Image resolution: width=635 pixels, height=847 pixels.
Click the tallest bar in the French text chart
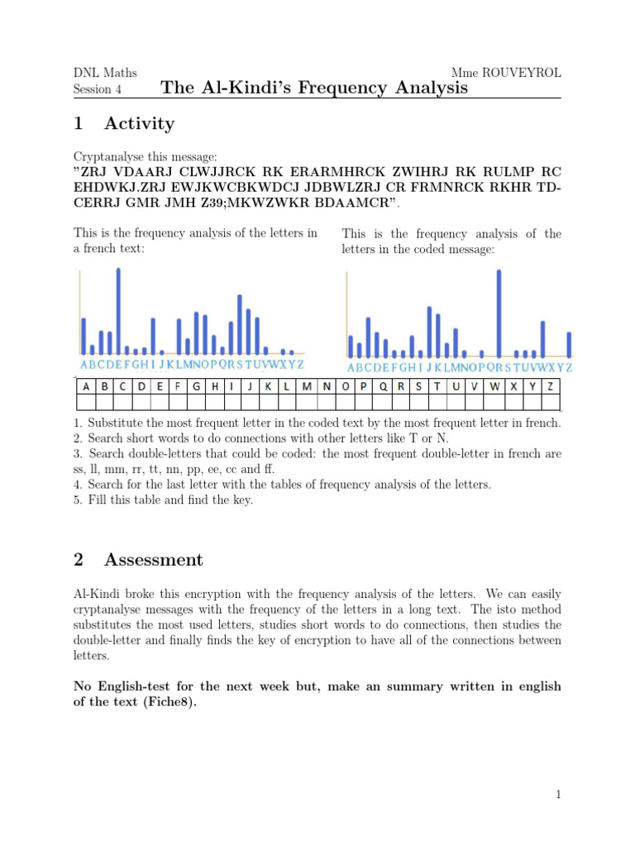[118, 310]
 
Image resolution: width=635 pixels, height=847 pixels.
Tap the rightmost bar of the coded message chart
[569, 344]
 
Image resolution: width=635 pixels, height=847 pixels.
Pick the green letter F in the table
[178, 385]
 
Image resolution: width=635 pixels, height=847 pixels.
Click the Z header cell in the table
[550, 385]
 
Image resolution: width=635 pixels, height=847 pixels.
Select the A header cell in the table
[85, 385]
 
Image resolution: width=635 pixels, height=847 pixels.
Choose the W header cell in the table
[494, 385]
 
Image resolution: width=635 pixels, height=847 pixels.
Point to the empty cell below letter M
[308, 402]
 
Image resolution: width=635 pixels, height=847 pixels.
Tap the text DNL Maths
[105, 73]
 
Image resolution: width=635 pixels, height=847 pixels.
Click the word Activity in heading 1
[140, 124]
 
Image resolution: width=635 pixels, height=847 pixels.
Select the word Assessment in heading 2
[154, 560]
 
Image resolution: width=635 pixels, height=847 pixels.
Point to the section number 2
[79, 560]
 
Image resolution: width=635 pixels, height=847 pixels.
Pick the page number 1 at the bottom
[559, 795]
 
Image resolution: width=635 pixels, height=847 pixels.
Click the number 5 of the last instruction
[76, 500]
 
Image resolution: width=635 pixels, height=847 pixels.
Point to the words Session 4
[92, 89]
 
